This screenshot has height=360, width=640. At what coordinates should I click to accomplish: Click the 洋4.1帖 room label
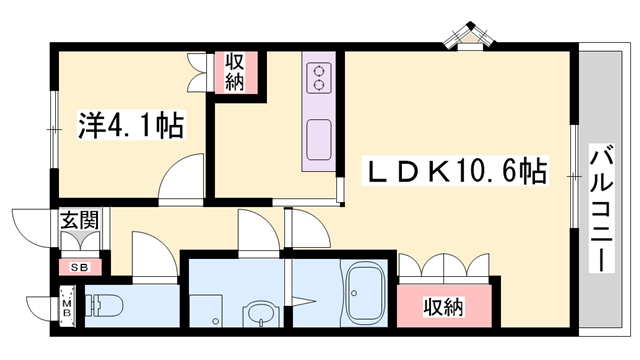coord(129,125)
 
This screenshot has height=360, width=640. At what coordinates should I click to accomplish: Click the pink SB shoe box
coord(78,267)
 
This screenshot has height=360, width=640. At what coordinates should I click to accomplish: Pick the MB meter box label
coord(68,308)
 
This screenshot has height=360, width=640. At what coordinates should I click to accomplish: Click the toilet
coord(105,305)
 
